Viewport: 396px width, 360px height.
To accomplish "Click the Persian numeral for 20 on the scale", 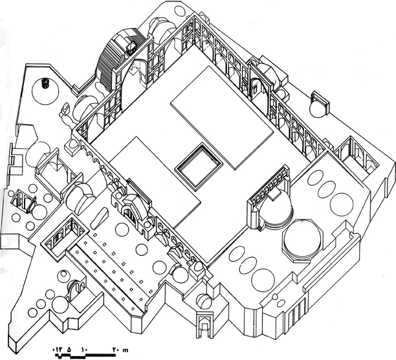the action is [115, 350].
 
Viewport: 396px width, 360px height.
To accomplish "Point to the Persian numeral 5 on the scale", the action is [69, 350].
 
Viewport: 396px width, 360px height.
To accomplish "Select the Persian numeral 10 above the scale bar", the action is [84, 350].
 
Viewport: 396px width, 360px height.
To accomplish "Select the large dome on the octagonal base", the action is [303, 239].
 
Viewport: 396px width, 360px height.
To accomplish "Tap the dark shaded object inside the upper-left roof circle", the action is [45, 83].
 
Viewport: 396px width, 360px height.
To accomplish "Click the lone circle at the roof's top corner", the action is [179, 11].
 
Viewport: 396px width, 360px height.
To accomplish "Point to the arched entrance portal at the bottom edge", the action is [203, 326].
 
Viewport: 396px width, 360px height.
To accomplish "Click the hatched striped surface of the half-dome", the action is [106, 65].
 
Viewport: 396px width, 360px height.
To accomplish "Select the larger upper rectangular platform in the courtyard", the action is [221, 118].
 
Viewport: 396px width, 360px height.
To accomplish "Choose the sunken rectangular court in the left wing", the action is [65, 238].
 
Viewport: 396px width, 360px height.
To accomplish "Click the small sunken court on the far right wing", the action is [357, 156].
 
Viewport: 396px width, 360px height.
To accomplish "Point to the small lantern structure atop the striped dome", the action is [131, 46].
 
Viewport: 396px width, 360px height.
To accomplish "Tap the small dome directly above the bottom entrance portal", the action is [203, 301].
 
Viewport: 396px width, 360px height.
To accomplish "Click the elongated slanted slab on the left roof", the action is [100, 218].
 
